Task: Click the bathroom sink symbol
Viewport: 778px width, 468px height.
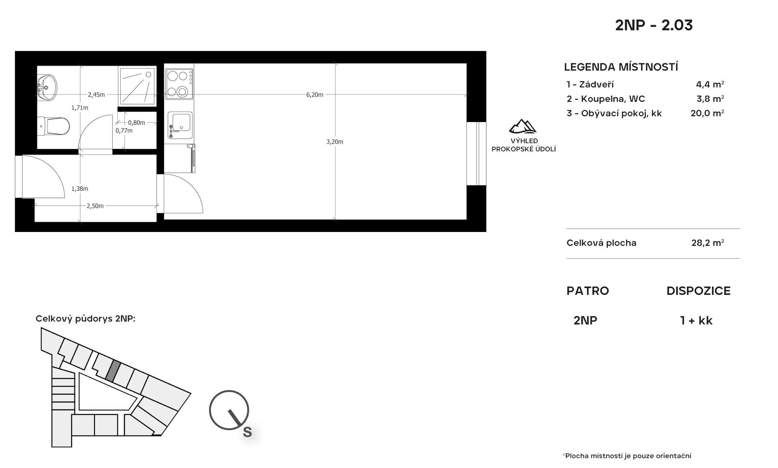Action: click(47, 87)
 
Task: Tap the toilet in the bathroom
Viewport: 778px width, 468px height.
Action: click(53, 126)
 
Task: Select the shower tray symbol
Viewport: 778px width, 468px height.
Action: click(137, 86)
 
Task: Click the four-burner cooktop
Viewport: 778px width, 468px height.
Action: click(179, 84)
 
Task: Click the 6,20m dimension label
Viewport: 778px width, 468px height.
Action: click(315, 95)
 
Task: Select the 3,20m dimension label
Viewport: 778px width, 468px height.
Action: click(335, 142)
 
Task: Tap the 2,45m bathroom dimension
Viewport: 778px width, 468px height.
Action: click(96, 95)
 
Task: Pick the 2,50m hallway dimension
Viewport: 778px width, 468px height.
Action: click(95, 206)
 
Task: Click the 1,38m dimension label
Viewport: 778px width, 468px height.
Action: click(80, 189)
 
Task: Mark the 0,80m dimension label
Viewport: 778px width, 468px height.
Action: click(137, 122)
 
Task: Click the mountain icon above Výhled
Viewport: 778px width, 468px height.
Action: click(523, 127)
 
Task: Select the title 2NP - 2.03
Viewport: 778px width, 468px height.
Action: click(654, 25)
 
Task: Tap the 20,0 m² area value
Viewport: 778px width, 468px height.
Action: click(707, 113)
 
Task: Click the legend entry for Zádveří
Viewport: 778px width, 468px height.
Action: click(590, 84)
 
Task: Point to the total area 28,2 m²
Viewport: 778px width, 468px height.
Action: click(707, 243)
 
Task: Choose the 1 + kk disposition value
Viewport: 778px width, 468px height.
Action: click(696, 320)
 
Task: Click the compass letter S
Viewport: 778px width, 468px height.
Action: click(247, 432)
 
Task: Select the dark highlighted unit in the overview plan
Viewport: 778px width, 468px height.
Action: click(113, 371)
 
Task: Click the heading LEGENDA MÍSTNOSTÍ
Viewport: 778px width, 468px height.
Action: click(621, 67)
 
